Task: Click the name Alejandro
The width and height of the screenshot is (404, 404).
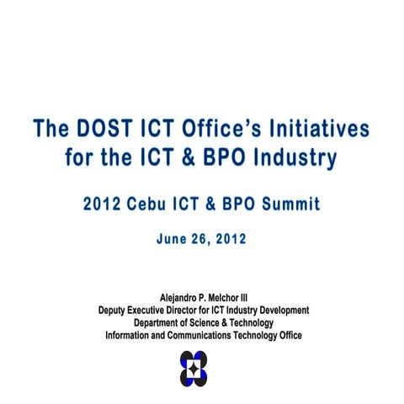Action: click(x=182, y=298)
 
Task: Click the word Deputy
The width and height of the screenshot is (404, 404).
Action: click(x=114, y=311)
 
